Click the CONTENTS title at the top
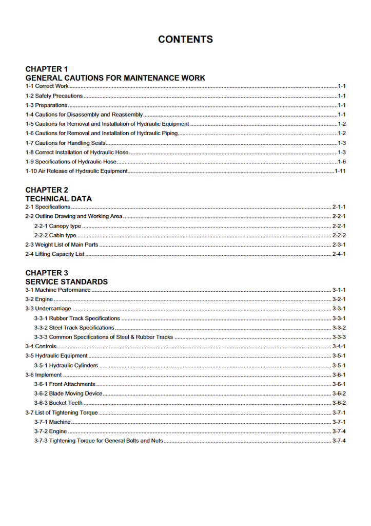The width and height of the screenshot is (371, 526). click(x=185, y=40)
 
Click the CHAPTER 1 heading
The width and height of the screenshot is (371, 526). click(x=47, y=69)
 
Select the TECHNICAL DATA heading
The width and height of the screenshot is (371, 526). click(x=58, y=199)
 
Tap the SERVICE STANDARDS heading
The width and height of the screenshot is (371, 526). click(x=67, y=282)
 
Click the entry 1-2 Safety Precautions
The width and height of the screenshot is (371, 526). click(x=54, y=96)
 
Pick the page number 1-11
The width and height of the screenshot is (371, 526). click(x=340, y=171)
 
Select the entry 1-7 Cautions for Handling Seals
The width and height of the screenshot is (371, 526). click(x=66, y=143)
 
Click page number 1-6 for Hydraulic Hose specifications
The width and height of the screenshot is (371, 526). click(x=341, y=162)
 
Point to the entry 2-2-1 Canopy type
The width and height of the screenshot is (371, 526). click(x=57, y=226)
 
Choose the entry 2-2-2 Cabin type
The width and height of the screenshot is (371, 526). click(x=55, y=235)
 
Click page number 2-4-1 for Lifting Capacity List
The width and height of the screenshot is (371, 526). click(x=339, y=254)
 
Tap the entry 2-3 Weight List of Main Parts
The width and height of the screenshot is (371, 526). click(x=62, y=245)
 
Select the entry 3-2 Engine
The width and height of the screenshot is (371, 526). click(x=39, y=299)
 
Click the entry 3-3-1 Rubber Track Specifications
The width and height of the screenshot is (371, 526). click(x=77, y=318)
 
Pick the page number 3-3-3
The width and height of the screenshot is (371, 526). click(x=339, y=337)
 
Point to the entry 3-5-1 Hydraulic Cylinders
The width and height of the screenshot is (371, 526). click(x=66, y=366)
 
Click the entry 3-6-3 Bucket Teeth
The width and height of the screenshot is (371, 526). click(x=58, y=403)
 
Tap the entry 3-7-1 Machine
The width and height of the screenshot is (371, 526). click(x=52, y=422)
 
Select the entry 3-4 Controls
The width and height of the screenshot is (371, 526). click(x=41, y=347)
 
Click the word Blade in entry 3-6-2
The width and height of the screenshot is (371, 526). click(x=56, y=393)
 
